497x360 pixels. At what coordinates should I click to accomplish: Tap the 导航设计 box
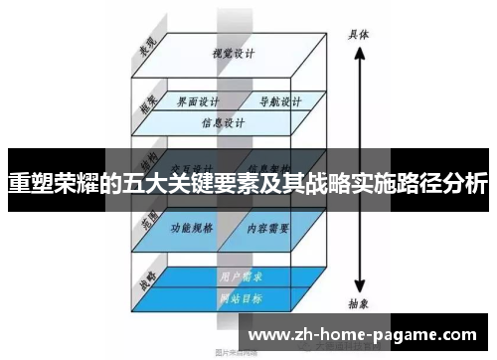pos(273,102)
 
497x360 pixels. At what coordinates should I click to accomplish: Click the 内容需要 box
pos(267,228)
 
